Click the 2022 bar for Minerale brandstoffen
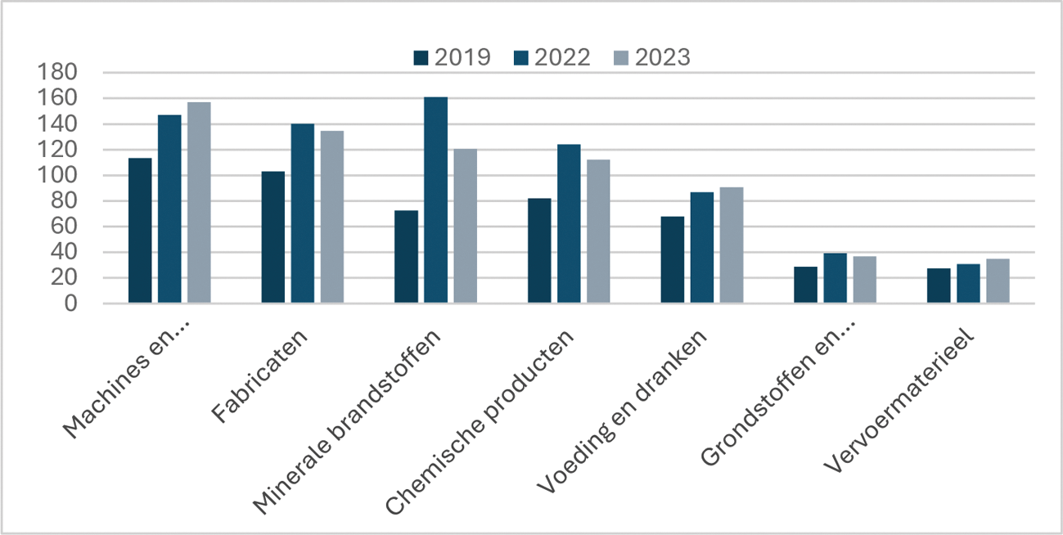point(435,200)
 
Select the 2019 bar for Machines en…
point(140,231)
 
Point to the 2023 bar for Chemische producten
point(598,232)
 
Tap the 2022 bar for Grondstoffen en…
point(836,278)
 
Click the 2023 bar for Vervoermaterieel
point(998,281)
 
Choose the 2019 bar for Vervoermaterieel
point(939,285)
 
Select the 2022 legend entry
point(552,57)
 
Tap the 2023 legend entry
point(651,57)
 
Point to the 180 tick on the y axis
point(58,73)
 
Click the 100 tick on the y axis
point(58,176)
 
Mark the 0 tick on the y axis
point(71,303)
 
